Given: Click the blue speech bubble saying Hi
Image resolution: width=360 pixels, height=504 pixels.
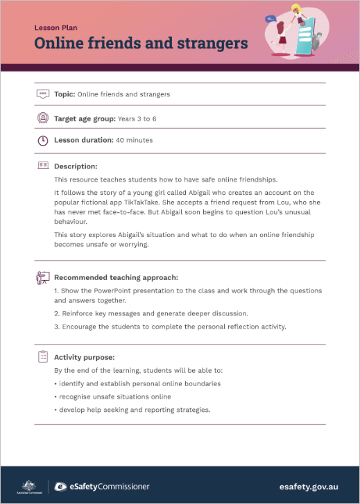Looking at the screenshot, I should [271, 19].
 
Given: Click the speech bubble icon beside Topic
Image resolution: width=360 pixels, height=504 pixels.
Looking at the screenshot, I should [42, 94].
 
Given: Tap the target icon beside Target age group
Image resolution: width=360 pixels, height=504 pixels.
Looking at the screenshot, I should [42, 119].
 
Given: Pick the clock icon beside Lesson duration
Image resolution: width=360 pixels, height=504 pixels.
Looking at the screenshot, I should [42, 140].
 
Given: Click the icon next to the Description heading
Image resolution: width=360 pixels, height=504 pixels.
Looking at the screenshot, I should [42, 166].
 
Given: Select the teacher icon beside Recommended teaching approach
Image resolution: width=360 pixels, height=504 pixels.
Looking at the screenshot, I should [42, 277].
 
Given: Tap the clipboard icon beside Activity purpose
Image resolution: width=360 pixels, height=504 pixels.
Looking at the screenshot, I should [42, 356].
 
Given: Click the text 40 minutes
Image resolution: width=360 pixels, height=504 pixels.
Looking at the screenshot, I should [135, 140].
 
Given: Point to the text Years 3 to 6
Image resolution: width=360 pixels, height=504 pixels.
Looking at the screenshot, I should [137, 119].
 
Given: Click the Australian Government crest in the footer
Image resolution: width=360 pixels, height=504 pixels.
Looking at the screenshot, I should [28, 485].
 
